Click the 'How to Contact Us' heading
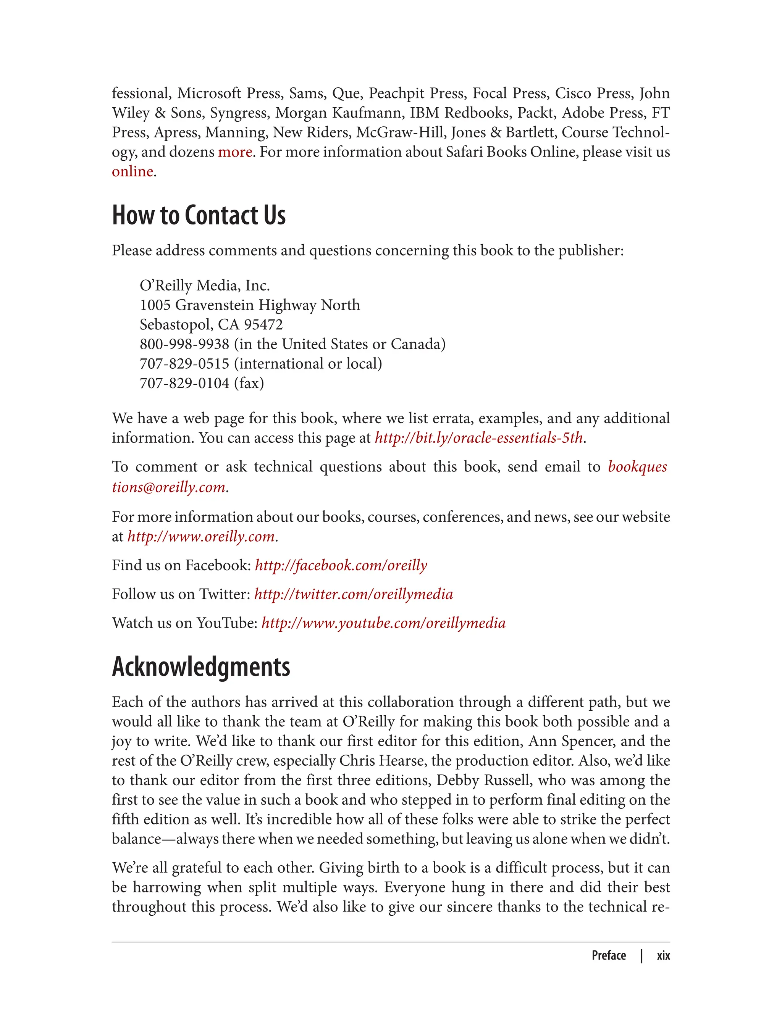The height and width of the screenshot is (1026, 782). [199, 215]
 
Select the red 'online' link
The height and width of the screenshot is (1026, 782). [132, 172]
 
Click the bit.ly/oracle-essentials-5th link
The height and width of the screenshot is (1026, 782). [478, 438]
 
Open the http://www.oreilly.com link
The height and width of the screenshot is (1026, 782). [200, 537]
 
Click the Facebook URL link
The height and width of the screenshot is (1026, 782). [341, 565]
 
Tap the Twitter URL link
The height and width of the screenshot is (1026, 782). [353, 594]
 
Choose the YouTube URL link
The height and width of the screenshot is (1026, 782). [383, 623]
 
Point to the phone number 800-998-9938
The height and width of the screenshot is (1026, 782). [184, 344]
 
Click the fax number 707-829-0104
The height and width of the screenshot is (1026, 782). [184, 383]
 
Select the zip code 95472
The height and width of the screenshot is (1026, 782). [263, 325]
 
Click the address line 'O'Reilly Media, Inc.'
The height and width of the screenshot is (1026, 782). [204, 285]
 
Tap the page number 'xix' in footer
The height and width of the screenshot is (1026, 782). [663, 956]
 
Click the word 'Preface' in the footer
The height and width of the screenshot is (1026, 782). [608, 956]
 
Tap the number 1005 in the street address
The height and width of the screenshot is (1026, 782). [155, 305]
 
